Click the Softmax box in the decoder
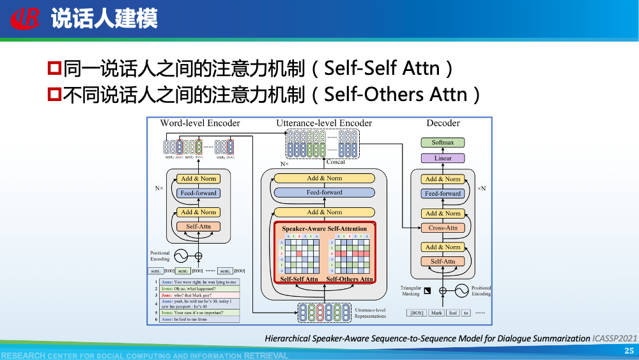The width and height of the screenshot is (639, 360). pyautogui.click(x=443, y=143)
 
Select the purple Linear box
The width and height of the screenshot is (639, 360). pyautogui.click(x=443, y=158)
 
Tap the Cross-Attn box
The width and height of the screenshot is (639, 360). pyautogui.click(x=443, y=228)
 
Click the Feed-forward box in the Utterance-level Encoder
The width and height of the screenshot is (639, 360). pyautogui.click(x=324, y=192)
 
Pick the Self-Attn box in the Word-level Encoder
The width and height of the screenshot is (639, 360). pyautogui.click(x=199, y=226)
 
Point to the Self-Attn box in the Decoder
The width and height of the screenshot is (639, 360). pyautogui.click(x=443, y=261)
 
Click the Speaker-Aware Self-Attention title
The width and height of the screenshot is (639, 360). pyautogui.click(x=325, y=228)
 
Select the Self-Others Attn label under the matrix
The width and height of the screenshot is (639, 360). pyautogui.click(x=350, y=279)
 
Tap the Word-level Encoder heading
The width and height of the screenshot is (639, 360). pyautogui.click(x=200, y=123)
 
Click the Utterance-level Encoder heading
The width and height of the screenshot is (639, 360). pyautogui.click(x=324, y=123)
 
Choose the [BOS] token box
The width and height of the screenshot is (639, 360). pyautogui.click(x=417, y=313)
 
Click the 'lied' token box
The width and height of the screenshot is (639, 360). pyautogui.click(x=452, y=313)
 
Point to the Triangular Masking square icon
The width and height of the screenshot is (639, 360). pyautogui.click(x=428, y=290)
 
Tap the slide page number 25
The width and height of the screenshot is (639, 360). pyautogui.click(x=629, y=351)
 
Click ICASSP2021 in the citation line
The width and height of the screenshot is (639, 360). pyautogui.click(x=615, y=338)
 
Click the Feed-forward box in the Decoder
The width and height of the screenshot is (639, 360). pyautogui.click(x=443, y=193)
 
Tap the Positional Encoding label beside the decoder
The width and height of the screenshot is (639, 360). pyautogui.click(x=481, y=291)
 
